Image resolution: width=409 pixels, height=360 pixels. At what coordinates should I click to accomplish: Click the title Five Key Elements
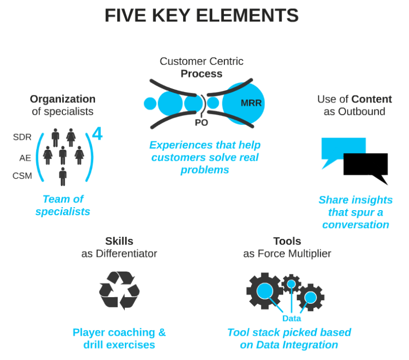(201, 16)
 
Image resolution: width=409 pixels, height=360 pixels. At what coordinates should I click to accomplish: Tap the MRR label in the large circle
(251, 103)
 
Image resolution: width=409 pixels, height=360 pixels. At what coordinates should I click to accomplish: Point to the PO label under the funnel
(201, 123)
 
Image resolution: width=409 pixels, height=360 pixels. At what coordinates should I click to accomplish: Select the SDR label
(22, 137)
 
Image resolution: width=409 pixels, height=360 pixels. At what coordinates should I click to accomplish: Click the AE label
(26, 158)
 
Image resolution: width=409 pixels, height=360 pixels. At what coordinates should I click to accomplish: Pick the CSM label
(22, 176)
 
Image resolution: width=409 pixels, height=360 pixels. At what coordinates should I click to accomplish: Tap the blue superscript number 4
(97, 134)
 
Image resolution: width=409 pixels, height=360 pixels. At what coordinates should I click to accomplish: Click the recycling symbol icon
(119, 290)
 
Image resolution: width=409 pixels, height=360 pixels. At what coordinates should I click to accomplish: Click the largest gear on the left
(265, 291)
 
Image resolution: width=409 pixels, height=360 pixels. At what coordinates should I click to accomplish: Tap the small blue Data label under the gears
(291, 319)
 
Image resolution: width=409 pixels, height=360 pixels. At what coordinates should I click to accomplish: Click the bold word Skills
(119, 241)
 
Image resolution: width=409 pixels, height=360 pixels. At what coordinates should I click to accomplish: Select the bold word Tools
(287, 241)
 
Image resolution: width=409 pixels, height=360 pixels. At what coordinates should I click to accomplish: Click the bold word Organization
(62, 99)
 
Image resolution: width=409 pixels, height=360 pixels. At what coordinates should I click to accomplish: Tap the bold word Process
(201, 74)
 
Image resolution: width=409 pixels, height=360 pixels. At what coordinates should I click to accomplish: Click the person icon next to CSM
(63, 176)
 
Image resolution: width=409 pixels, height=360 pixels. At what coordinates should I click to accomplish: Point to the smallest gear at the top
(291, 283)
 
